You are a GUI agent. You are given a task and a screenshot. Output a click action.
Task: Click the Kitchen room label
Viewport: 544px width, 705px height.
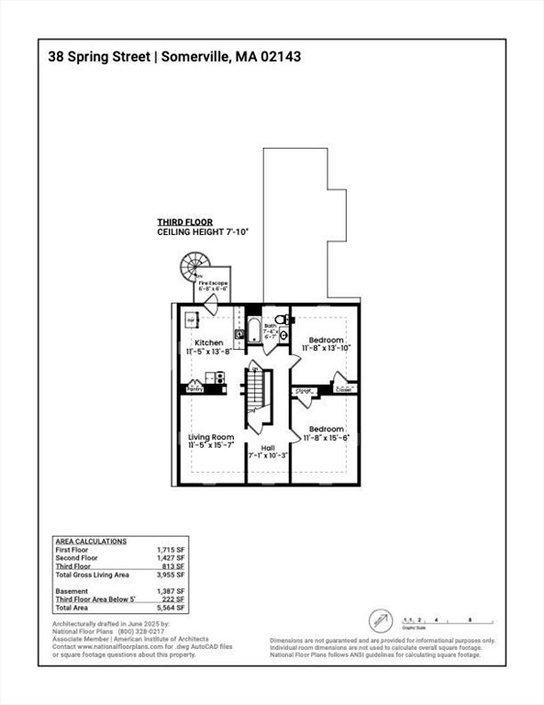coord(207,342)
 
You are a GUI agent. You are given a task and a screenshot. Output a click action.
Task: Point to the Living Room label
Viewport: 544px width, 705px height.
coord(212,437)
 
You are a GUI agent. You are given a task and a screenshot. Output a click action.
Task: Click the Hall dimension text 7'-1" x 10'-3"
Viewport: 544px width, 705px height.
coord(268,455)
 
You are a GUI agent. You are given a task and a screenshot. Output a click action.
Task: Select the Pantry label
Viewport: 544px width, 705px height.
coord(194,389)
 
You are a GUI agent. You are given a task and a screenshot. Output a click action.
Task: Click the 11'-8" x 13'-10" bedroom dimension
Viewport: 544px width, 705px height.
coord(327,349)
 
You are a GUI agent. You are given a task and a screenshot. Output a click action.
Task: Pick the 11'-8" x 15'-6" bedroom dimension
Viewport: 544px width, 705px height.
coord(327,438)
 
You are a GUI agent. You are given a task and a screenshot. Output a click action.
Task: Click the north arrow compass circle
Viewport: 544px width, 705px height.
coord(381,621)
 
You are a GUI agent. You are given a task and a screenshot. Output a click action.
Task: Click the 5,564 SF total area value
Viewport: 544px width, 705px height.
coord(172,608)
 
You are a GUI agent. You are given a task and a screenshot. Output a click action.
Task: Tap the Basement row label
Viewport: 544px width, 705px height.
coord(72,591)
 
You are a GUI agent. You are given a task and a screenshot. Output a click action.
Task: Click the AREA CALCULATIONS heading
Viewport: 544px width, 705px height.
coord(92,542)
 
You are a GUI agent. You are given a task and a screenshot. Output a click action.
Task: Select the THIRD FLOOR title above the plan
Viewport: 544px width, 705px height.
coord(184,222)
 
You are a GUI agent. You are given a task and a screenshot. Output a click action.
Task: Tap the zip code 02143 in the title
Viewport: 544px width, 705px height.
coord(278,56)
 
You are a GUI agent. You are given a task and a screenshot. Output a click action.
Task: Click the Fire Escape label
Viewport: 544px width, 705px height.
coord(213,284)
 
